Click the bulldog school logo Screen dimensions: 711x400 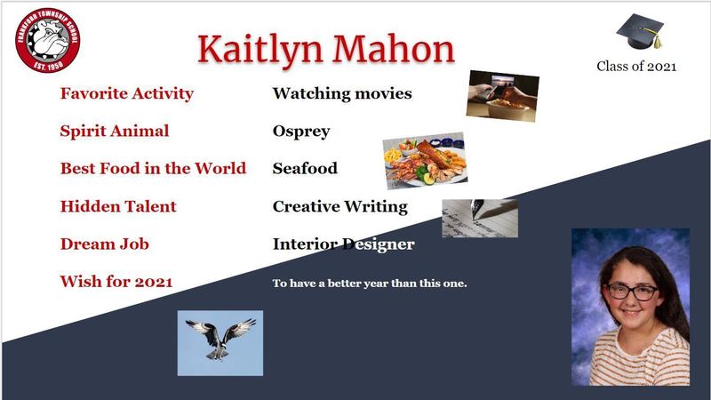click(x=48, y=40)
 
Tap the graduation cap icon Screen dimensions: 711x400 click(x=640, y=31)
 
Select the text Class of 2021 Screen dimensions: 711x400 click(x=636, y=66)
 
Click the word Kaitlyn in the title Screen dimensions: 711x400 click(x=260, y=50)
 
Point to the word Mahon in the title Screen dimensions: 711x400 click(x=394, y=48)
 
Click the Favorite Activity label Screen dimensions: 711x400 click(x=127, y=93)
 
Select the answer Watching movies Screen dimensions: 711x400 click(x=342, y=93)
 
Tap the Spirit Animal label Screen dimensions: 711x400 click(x=115, y=131)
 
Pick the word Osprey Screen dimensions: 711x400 click(x=301, y=132)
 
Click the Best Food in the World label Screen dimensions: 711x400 click(x=153, y=168)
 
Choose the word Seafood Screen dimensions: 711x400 click(x=305, y=168)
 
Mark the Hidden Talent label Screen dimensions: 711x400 click(x=118, y=206)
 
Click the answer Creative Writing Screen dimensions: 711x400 click(x=340, y=207)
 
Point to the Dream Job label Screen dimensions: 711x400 click(x=105, y=244)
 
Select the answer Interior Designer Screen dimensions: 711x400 click(x=344, y=244)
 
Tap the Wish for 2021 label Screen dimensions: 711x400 click(x=116, y=281)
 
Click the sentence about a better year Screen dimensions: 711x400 click(x=370, y=284)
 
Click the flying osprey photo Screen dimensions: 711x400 click(x=220, y=343)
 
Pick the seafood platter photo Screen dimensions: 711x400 click(x=426, y=161)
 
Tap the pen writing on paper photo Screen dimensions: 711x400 click(x=480, y=218)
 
